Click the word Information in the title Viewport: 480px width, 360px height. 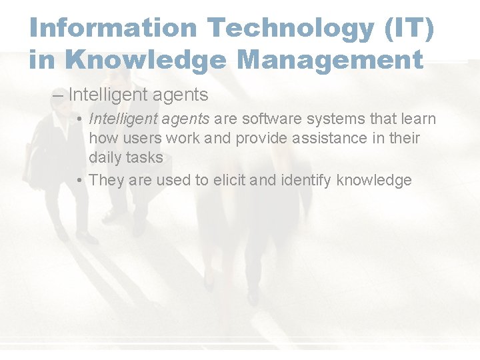tap(113, 28)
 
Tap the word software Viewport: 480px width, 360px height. tap(274, 119)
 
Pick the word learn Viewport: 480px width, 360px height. tap(418, 119)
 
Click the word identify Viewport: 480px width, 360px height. tap(309, 179)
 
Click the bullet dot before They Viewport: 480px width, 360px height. tap(79, 179)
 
